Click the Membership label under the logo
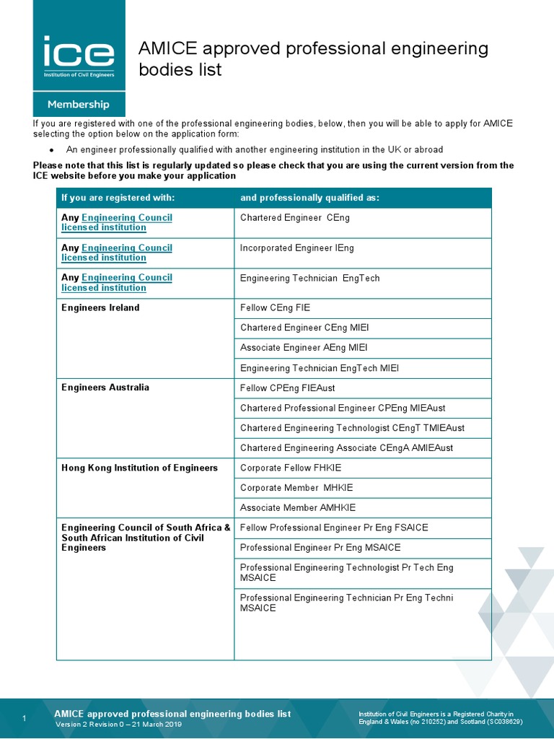(79, 105)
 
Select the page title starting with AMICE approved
(313, 59)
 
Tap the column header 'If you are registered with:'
(118, 198)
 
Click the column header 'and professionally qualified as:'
(309, 198)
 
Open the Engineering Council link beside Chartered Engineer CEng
(126, 217)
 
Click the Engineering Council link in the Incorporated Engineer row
(126, 248)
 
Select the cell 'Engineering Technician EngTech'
(309, 278)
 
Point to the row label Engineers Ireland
(100, 307)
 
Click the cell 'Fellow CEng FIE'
(275, 307)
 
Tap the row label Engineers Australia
(105, 388)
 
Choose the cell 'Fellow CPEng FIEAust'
(287, 388)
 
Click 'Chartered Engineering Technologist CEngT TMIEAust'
(352, 428)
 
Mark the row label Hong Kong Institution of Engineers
(139, 468)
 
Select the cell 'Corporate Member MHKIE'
(296, 488)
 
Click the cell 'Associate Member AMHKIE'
(297, 508)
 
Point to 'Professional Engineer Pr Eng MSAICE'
(320, 548)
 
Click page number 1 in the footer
(25, 719)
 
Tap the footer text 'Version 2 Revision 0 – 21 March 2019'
(119, 725)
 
